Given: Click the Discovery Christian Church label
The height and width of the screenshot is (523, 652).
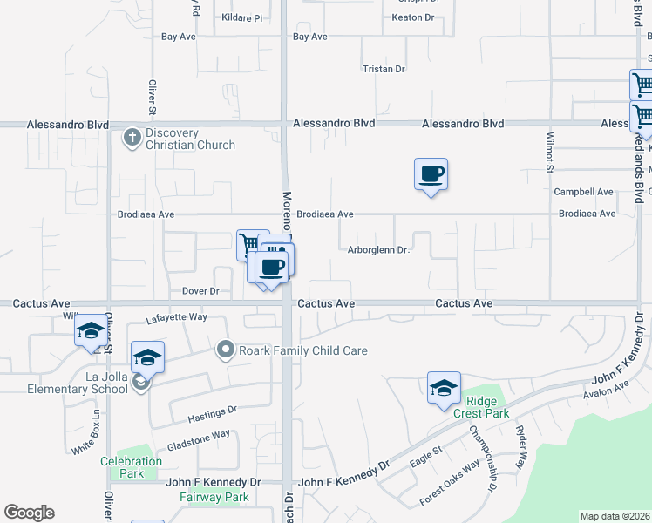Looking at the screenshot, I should (x=190, y=139).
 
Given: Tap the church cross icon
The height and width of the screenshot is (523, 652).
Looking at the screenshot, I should (x=132, y=137).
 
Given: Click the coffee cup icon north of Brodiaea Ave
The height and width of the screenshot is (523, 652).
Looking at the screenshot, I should (x=431, y=174).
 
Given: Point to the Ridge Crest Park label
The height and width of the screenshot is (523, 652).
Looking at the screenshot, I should (x=481, y=407).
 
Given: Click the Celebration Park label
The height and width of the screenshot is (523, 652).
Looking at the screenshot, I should (x=131, y=467).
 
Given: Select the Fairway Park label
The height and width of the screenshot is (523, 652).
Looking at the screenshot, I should (x=214, y=498).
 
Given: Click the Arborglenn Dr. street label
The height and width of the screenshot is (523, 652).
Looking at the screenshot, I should (x=378, y=250).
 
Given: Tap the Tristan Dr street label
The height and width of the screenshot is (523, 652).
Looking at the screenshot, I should (x=384, y=69).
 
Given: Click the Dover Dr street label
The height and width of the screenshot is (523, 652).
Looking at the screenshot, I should (x=200, y=291).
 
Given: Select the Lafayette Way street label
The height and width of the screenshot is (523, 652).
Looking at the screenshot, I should (x=176, y=318).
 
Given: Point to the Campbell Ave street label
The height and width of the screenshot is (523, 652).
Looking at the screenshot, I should (x=583, y=192).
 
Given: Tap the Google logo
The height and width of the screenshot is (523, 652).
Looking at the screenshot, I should (x=29, y=513).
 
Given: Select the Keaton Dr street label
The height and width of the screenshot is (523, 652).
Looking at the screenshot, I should (x=412, y=17).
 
